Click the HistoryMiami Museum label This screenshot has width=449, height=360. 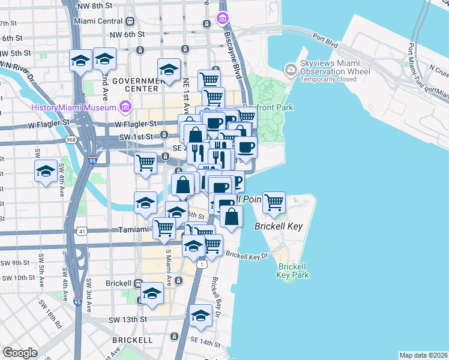click(73, 107)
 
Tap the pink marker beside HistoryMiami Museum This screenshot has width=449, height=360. click(125, 107)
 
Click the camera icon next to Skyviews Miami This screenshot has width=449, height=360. click(291, 70)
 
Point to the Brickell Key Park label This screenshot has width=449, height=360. click(292, 270)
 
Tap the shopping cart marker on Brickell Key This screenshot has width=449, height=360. click(274, 203)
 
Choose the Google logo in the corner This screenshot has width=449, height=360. click(20, 353)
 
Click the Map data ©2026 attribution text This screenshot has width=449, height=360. click(424, 355)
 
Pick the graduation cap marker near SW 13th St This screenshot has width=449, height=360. click(200, 316)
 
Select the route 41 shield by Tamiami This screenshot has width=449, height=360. click(82, 231)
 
